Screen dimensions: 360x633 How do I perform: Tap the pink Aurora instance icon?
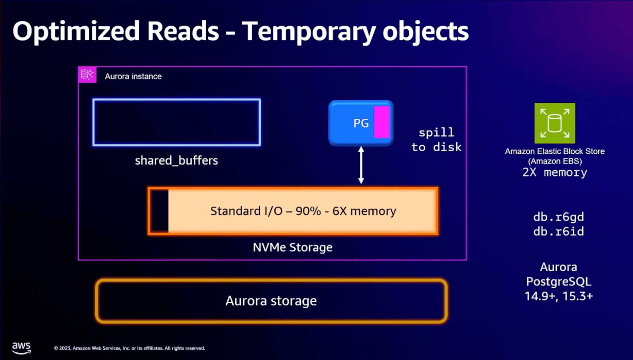(x=87, y=75)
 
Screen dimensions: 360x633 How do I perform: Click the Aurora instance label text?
(x=133, y=76)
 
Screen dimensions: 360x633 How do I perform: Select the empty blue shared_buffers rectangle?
(x=176, y=122)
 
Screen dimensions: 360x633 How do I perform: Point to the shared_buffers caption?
(x=176, y=161)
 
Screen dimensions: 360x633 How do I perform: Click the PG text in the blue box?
(x=361, y=123)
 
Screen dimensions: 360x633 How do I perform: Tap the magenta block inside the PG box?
(x=382, y=122)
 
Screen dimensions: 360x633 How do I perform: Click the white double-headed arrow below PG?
(x=361, y=165)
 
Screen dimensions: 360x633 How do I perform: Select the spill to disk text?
(x=436, y=140)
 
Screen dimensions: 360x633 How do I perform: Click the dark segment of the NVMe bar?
(x=159, y=211)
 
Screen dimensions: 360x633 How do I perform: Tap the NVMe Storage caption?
(x=293, y=247)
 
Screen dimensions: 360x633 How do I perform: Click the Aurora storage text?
(x=271, y=301)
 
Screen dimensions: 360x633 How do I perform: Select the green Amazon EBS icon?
(x=555, y=123)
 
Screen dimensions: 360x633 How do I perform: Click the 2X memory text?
(x=555, y=172)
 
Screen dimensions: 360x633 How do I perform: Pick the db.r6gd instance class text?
(x=558, y=217)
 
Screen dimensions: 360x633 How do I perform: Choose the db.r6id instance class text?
(x=558, y=231)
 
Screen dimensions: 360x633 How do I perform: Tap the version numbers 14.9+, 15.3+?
(x=558, y=296)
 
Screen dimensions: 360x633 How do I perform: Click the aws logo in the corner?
(x=21, y=348)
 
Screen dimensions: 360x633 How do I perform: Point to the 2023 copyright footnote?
(x=129, y=348)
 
